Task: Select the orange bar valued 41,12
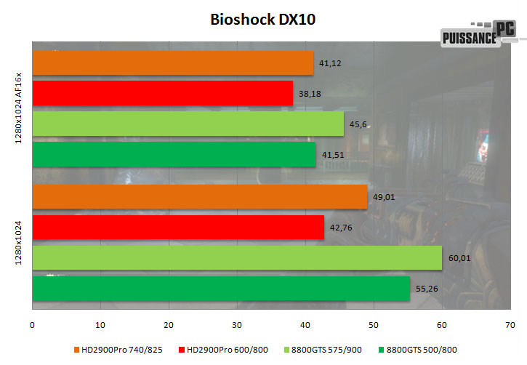173,63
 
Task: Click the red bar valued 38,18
163,93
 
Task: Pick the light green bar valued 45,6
188,124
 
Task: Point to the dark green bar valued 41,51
174,154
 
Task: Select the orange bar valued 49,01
200,197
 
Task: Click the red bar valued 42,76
178,227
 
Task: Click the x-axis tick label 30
237,324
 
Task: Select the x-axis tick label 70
510,324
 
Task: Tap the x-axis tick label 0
33,324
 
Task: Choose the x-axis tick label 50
373,324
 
